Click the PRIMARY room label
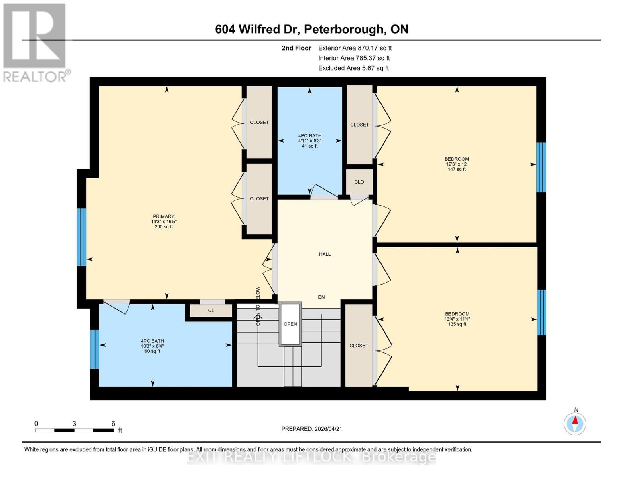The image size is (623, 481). click(x=163, y=216)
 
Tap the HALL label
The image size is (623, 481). click(x=325, y=254)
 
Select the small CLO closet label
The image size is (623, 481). click(x=359, y=182)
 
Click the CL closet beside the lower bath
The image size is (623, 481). click(x=211, y=311)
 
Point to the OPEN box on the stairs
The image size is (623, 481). click(x=290, y=324)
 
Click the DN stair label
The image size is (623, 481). click(x=321, y=297)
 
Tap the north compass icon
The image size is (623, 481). click(x=575, y=423)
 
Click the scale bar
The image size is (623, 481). click(x=74, y=430)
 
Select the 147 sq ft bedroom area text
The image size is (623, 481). click(x=457, y=169)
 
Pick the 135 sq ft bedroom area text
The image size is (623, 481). click(x=457, y=324)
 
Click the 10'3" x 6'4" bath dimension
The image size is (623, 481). click(x=152, y=346)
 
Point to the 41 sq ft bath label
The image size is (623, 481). click(x=309, y=146)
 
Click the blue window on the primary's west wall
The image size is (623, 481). click(x=81, y=237)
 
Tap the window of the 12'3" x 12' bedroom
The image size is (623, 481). click(x=541, y=167)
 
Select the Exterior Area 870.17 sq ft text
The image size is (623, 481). click(x=355, y=48)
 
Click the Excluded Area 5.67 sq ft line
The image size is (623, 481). click(x=353, y=68)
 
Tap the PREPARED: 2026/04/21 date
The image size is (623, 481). click(x=311, y=429)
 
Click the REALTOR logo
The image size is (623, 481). click(x=35, y=42)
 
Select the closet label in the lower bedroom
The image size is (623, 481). click(x=359, y=346)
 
